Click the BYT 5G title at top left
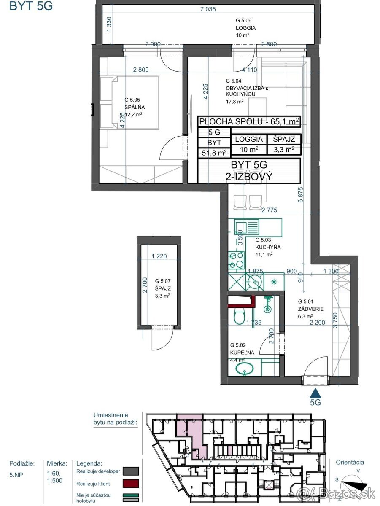click(x=31, y=6)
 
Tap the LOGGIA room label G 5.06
click(x=245, y=28)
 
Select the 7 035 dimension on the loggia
click(x=208, y=9)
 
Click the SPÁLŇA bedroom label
click(x=135, y=107)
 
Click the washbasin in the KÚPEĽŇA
click(x=245, y=369)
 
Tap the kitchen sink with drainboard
click(x=247, y=227)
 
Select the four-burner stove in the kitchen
click(x=236, y=260)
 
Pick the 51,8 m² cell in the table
click(x=214, y=153)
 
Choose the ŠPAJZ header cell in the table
click(x=284, y=139)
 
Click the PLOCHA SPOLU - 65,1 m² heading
click(x=249, y=121)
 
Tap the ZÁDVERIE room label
click(x=311, y=309)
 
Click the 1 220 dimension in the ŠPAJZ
click(x=159, y=256)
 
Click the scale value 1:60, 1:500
click(x=55, y=476)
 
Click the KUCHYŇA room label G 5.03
click(x=268, y=247)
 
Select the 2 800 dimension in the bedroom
click(x=141, y=70)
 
